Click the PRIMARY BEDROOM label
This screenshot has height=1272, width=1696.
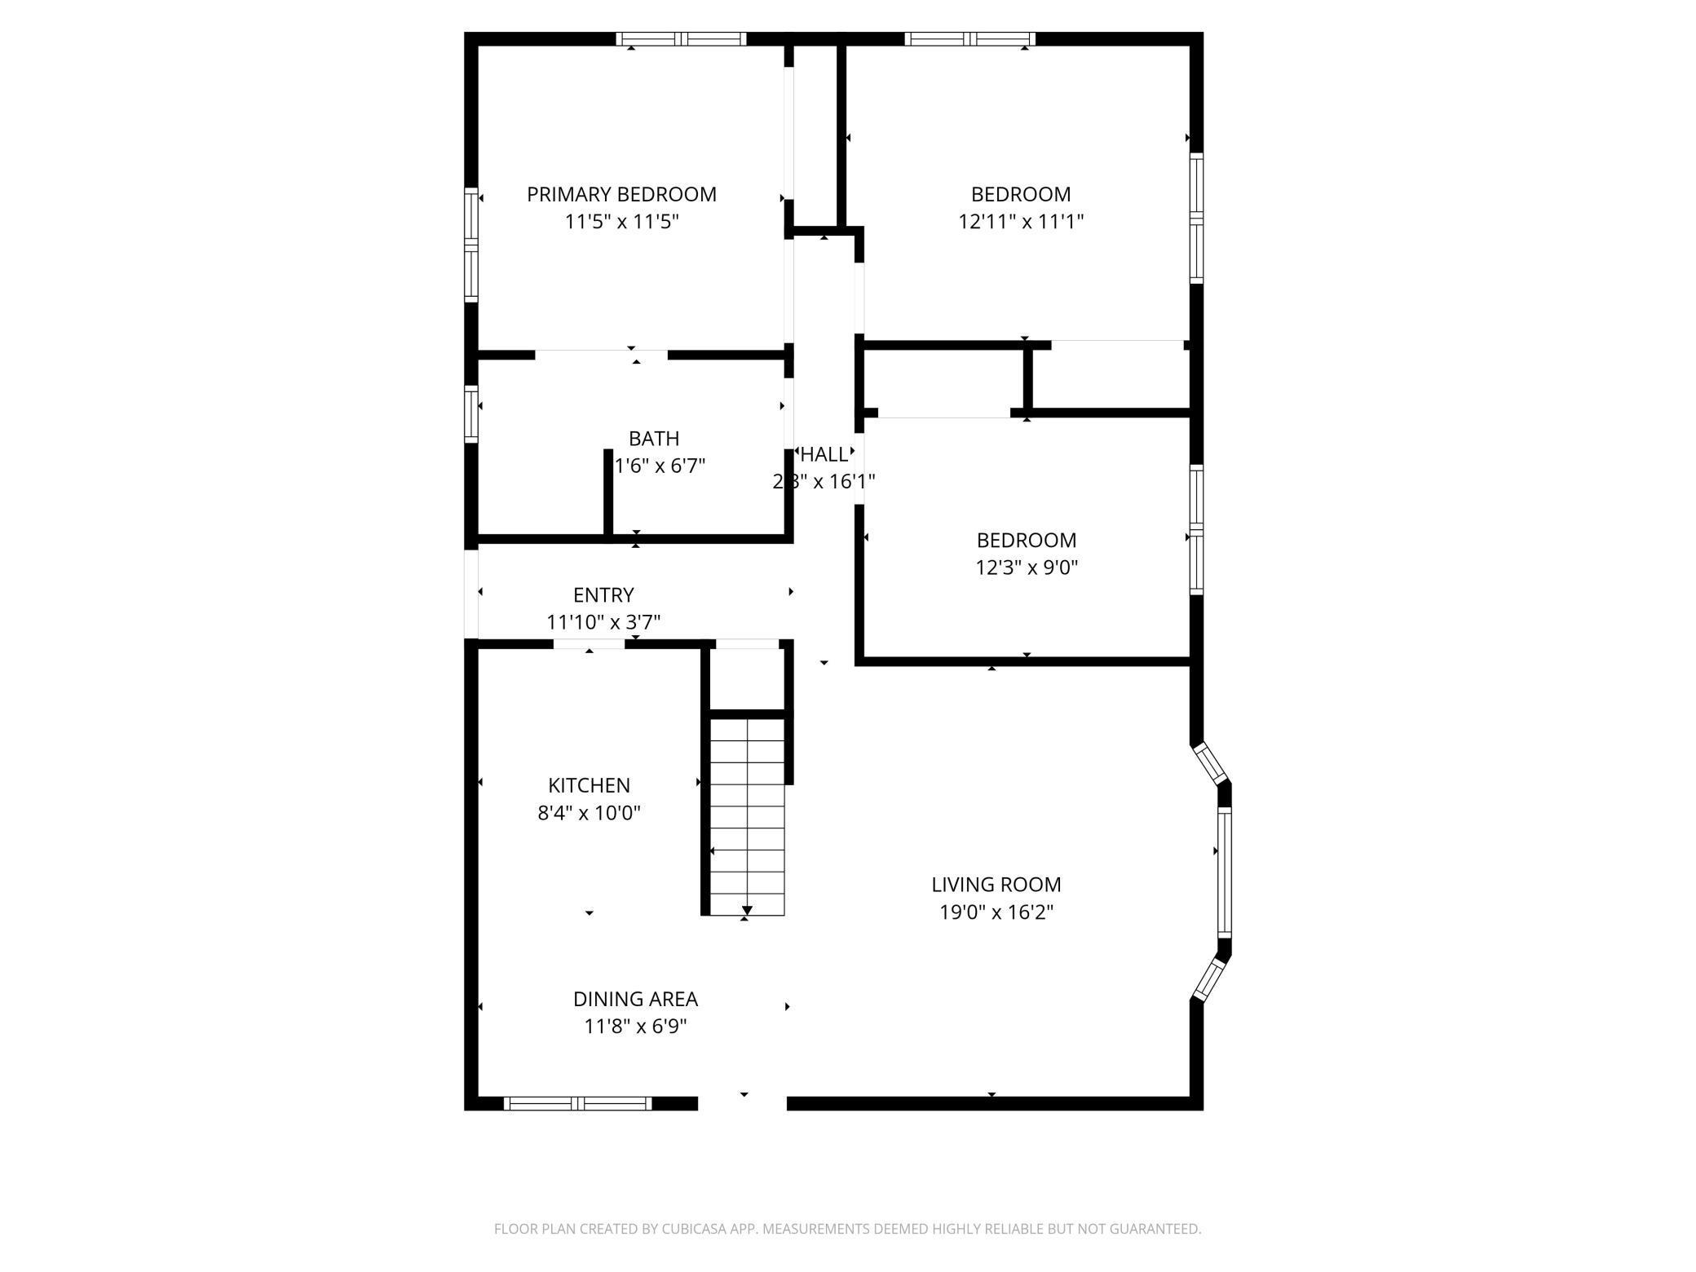click(621, 195)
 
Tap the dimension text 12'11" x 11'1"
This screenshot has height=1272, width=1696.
click(1021, 222)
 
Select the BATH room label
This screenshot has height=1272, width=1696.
click(654, 439)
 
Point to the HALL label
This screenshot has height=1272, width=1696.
click(824, 454)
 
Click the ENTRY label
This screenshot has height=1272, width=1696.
click(603, 595)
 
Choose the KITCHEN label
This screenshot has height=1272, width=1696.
click(589, 785)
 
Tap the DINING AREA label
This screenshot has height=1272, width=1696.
click(635, 999)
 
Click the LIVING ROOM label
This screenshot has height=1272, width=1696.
click(996, 885)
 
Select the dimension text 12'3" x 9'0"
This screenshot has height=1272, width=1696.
click(1027, 568)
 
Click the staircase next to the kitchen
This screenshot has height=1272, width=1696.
click(747, 815)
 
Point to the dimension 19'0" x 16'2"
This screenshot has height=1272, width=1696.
click(996, 912)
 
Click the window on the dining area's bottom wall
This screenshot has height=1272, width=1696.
click(577, 1103)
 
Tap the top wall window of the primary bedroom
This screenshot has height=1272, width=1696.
click(681, 38)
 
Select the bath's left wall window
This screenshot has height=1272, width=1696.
click(470, 413)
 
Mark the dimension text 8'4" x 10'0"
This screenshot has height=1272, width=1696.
click(589, 813)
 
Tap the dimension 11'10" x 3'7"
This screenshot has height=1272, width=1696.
click(603, 623)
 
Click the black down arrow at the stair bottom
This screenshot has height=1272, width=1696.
click(747, 910)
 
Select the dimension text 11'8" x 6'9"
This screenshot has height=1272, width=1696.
click(635, 1027)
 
